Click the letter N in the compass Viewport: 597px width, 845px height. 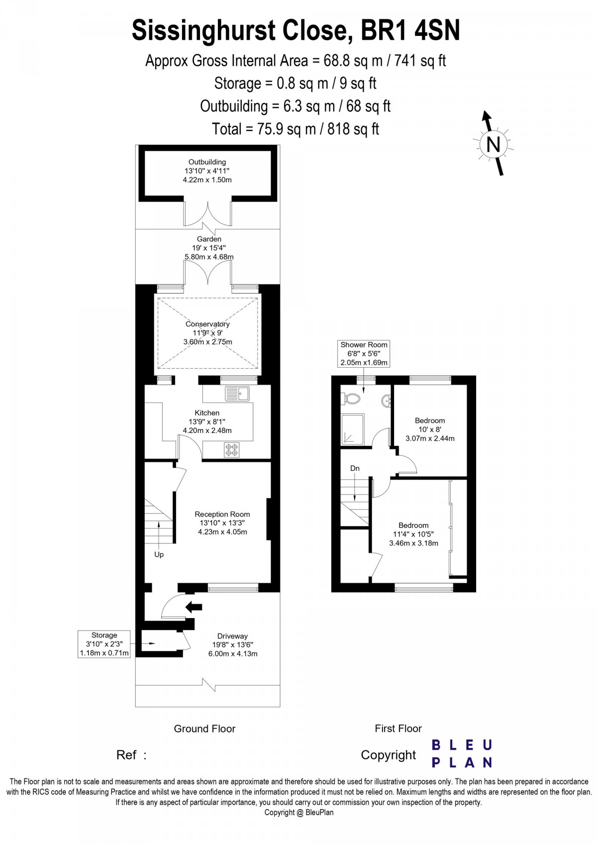(493, 144)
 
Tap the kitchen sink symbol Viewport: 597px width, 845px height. (237, 394)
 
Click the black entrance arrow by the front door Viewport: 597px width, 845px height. (194, 607)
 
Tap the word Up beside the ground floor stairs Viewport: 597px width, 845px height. (159, 554)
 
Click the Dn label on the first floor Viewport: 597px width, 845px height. (355, 468)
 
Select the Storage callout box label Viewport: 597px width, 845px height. (104, 635)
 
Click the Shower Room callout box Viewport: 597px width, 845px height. (364, 353)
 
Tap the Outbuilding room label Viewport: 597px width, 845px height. (207, 162)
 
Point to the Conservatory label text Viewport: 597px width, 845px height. (207, 324)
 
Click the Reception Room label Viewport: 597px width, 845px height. (222, 514)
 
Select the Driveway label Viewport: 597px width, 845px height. (232, 636)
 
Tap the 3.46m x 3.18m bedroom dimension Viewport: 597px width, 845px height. (413, 543)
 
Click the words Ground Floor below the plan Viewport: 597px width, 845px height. (204, 729)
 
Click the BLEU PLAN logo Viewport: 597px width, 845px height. (461, 753)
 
